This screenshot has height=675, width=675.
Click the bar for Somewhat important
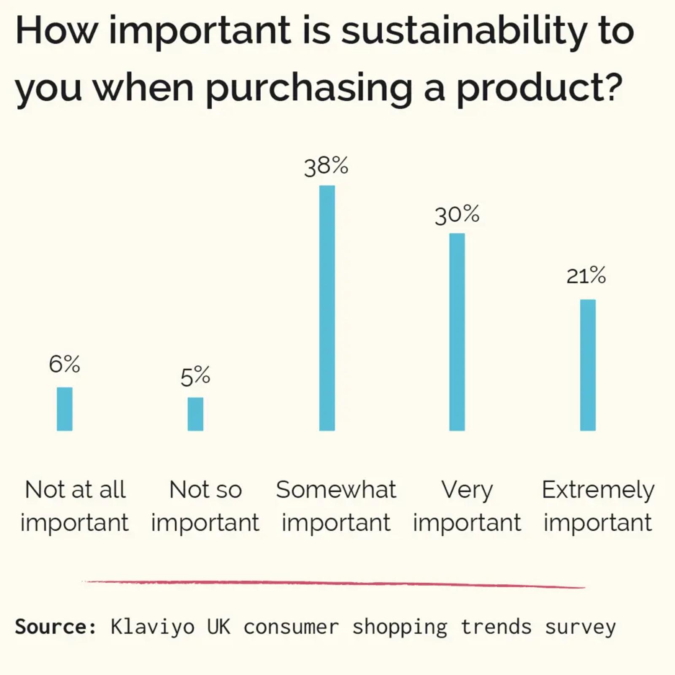pos(327,308)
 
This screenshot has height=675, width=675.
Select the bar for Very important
pos(457,332)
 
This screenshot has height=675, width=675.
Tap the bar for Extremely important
pos(588,365)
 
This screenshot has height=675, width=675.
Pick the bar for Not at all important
pos(65,409)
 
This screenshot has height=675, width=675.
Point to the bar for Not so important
pos(195,414)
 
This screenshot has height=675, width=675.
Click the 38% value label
pos(326,166)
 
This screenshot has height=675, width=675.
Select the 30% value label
pos(457,215)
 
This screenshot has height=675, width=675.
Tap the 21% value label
pos(586,275)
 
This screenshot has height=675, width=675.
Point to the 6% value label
pos(65,364)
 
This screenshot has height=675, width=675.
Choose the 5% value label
pos(195,377)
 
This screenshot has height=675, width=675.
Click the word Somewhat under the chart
pos(336,490)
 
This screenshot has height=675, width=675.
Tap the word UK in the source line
pos(219,627)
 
